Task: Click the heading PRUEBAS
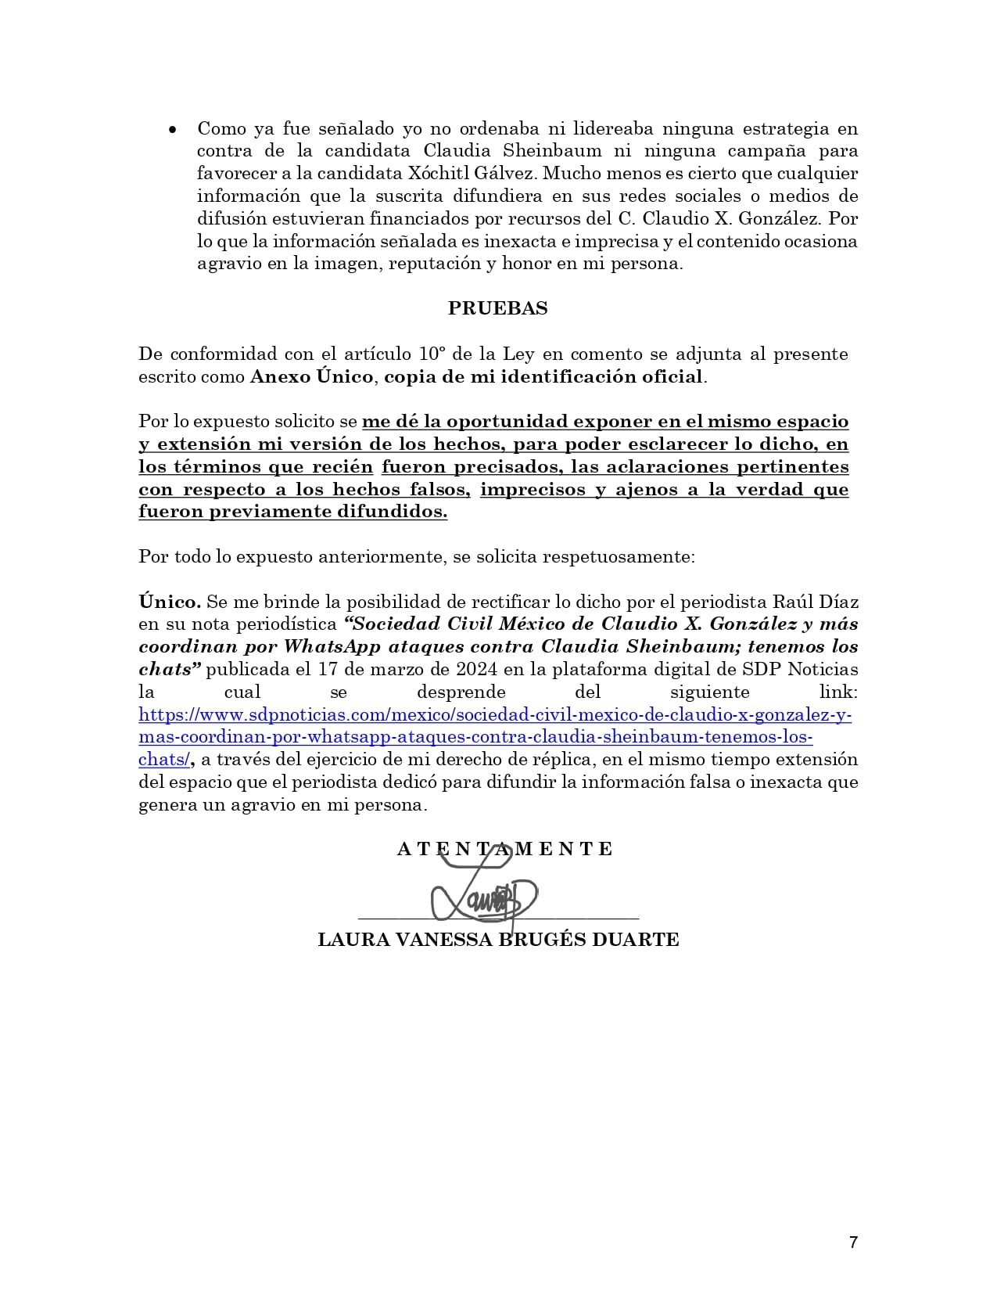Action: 497,308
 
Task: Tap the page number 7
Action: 853,1242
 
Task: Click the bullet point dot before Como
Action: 173,129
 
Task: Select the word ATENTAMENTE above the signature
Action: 505,849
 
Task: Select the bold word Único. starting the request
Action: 170,602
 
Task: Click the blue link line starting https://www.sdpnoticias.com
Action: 495,715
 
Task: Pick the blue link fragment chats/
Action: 164,760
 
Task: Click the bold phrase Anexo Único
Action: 311,376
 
